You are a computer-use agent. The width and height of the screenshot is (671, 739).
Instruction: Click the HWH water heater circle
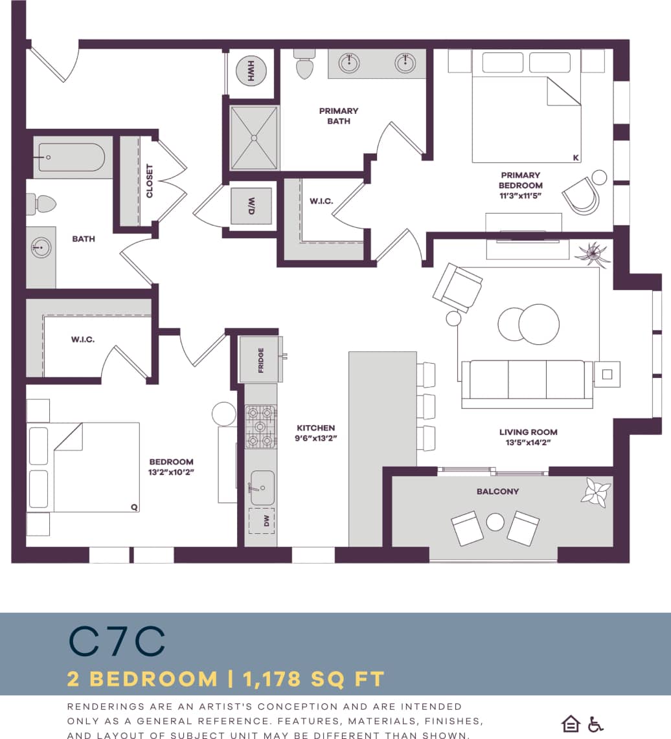(x=251, y=71)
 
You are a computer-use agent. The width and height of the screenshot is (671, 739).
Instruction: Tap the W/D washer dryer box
(x=251, y=206)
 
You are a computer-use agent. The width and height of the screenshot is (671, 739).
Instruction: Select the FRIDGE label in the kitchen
(x=260, y=360)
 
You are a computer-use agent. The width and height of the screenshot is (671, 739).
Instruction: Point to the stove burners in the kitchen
(x=260, y=426)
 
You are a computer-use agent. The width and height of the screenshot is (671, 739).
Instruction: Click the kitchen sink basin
(x=263, y=487)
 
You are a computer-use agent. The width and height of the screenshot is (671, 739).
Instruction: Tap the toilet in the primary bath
(x=303, y=64)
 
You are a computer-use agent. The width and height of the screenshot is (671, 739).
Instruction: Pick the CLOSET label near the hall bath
(x=150, y=181)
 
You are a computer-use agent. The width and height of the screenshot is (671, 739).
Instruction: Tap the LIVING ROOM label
(x=528, y=432)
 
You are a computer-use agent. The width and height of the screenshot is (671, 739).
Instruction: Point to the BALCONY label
(x=497, y=491)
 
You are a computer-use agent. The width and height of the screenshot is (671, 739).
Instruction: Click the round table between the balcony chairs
(x=495, y=522)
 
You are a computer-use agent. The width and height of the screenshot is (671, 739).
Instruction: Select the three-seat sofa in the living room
(x=527, y=383)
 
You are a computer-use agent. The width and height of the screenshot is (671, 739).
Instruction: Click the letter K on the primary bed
(x=575, y=157)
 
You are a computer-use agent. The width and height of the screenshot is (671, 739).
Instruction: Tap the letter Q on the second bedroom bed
(x=134, y=507)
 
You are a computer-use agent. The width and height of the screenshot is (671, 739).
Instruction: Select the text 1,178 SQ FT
(x=313, y=679)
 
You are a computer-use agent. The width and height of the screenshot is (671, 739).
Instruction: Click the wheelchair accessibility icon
(x=595, y=723)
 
